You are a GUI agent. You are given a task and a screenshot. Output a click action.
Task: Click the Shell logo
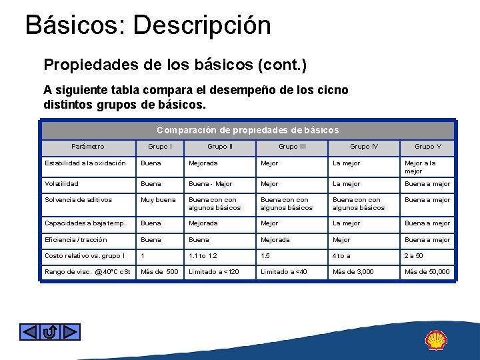pyautogui.click(x=436, y=340)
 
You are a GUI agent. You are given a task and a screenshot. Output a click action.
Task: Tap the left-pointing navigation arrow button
pyautogui.click(x=30, y=331)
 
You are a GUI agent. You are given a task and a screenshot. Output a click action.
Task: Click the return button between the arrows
pyautogui.click(x=50, y=331)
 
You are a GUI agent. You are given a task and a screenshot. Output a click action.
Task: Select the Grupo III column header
pyautogui.click(x=292, y=147)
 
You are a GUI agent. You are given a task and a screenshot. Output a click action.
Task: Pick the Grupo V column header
pyautogui.click(x=428, y=147)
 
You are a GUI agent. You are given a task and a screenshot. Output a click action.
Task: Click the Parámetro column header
pyautogui.click(x=88, y=147)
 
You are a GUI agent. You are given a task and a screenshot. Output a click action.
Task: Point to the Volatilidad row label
pyautogui.click(x=61, y=184)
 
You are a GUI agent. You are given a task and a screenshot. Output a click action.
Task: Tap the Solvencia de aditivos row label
pyautogui.click(x=79, y=200)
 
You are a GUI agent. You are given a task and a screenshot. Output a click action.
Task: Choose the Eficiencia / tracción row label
pyautogui.click(x=75, y=240)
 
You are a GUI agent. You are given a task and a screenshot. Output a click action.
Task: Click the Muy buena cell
pyautogui.click(x=158, y=200)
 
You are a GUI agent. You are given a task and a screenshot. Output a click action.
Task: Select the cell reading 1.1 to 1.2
pyautogui.click(x=203, y=256)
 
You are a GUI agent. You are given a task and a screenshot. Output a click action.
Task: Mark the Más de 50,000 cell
pyautogui.click(x=427, y=272)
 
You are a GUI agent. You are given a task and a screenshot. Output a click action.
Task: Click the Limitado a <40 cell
pyautogui.click(x=284, y=272)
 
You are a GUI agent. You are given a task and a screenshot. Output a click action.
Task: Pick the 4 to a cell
pyautogui.click(x=341, y=256)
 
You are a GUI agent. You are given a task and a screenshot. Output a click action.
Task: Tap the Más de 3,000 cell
pyautogui.click(x=353, y=272)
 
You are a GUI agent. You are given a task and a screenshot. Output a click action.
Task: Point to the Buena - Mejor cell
pyautogui.click(x=211, y=184)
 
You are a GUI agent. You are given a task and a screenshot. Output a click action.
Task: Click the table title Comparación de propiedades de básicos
pyautogui.click(x=248, y=131)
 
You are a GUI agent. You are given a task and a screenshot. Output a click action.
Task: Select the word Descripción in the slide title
pyautogui.click(x=202, y=25)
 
